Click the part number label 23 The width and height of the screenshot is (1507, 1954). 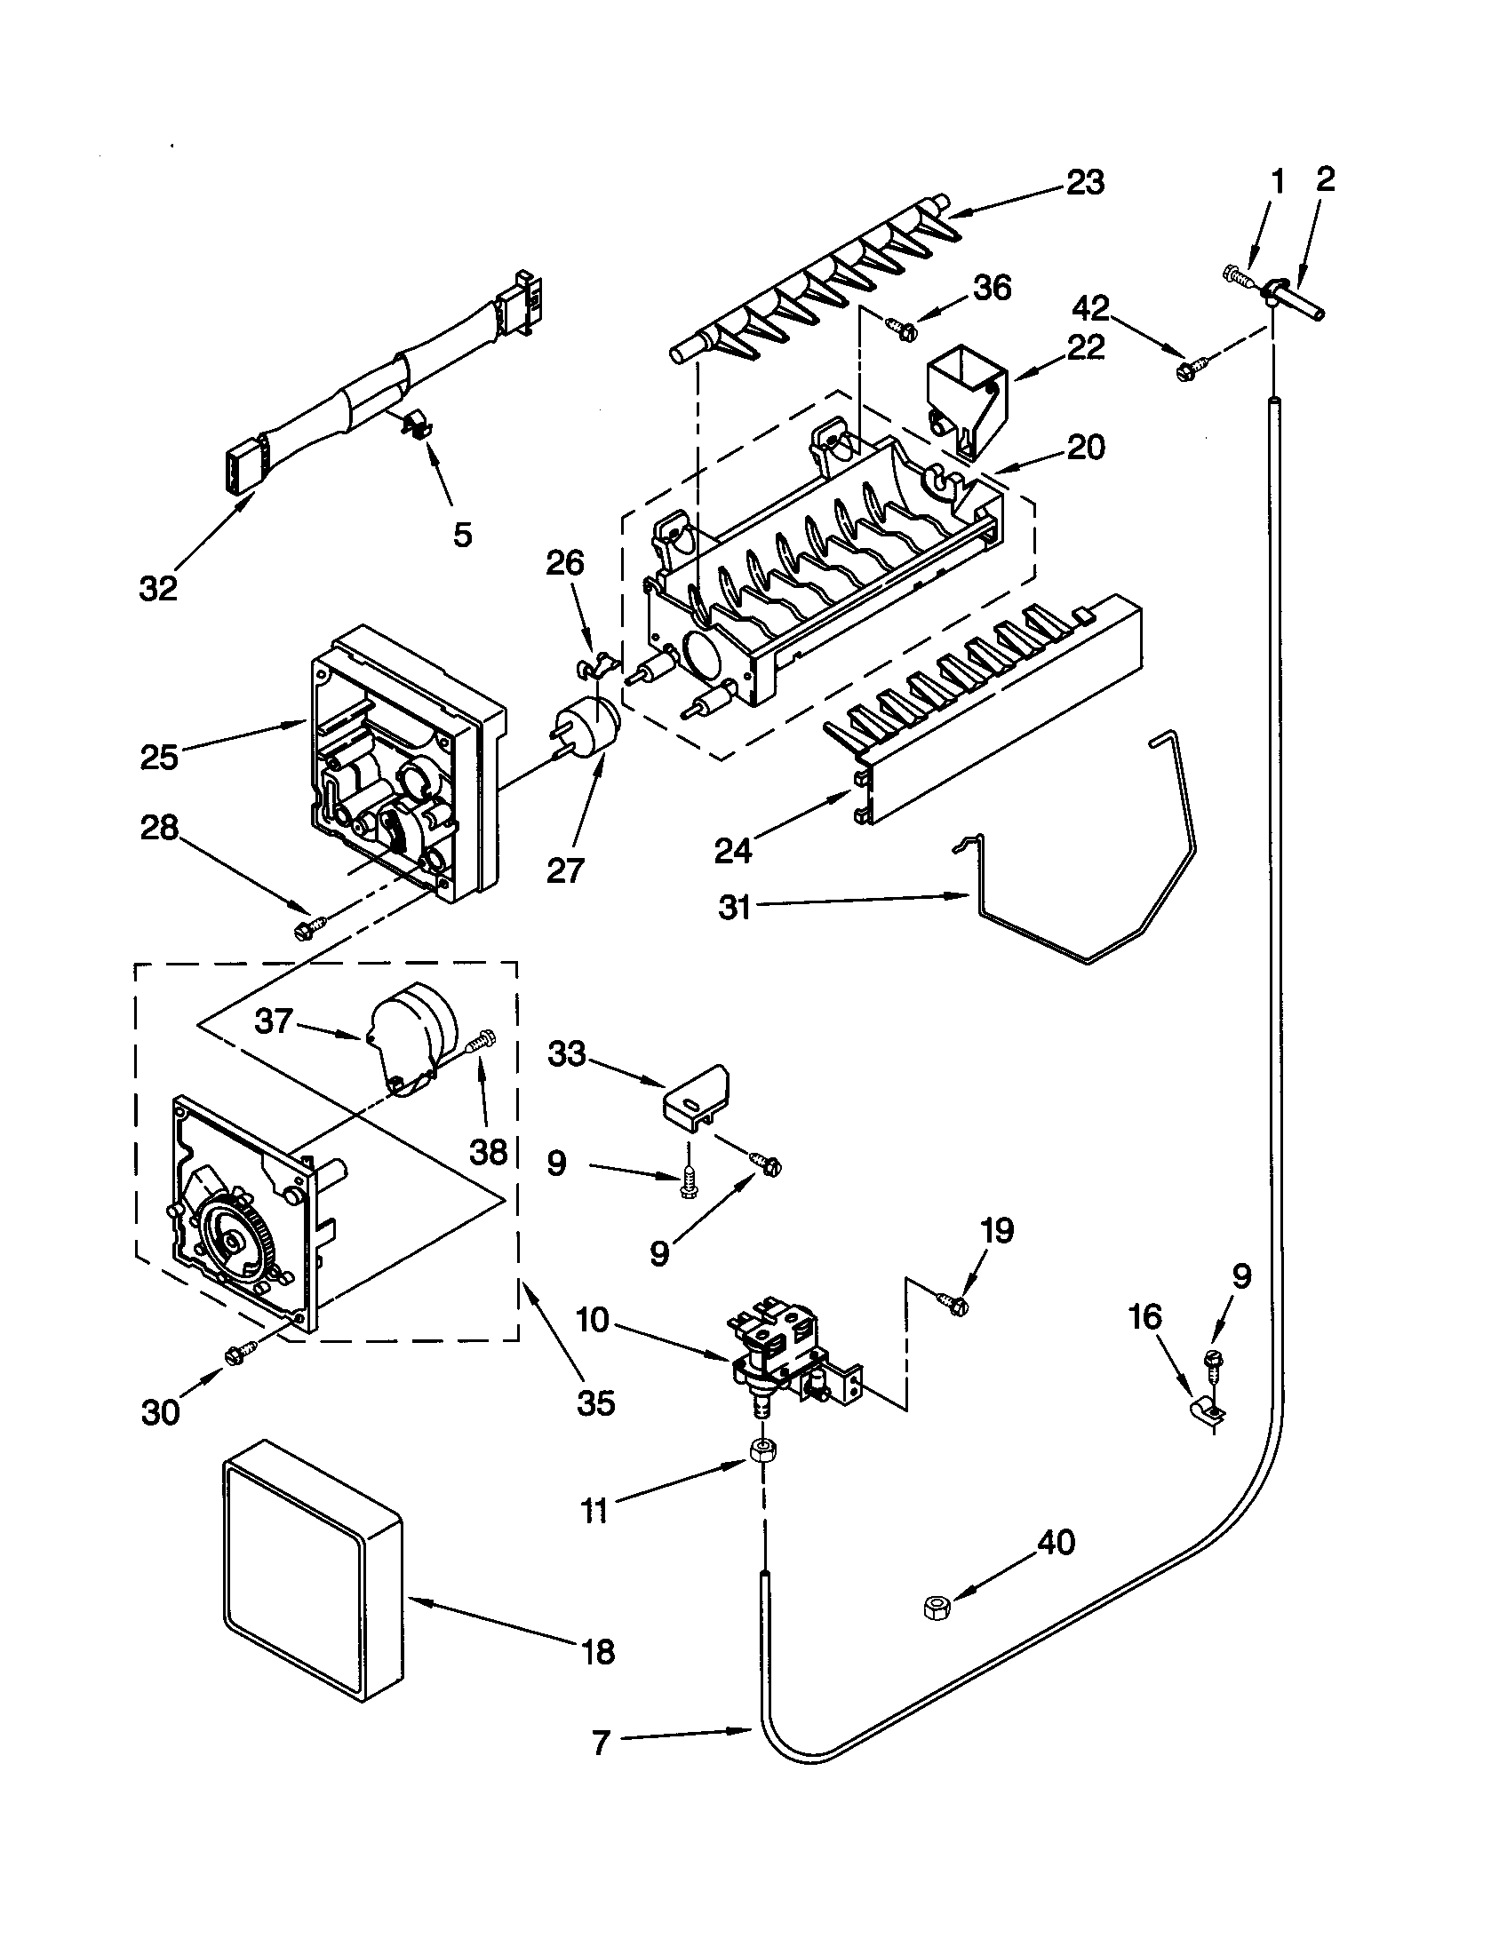tap(1085, 182)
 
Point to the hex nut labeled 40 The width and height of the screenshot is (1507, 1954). tap(936, 1608)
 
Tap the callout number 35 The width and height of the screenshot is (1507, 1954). tap(596, 1402)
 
